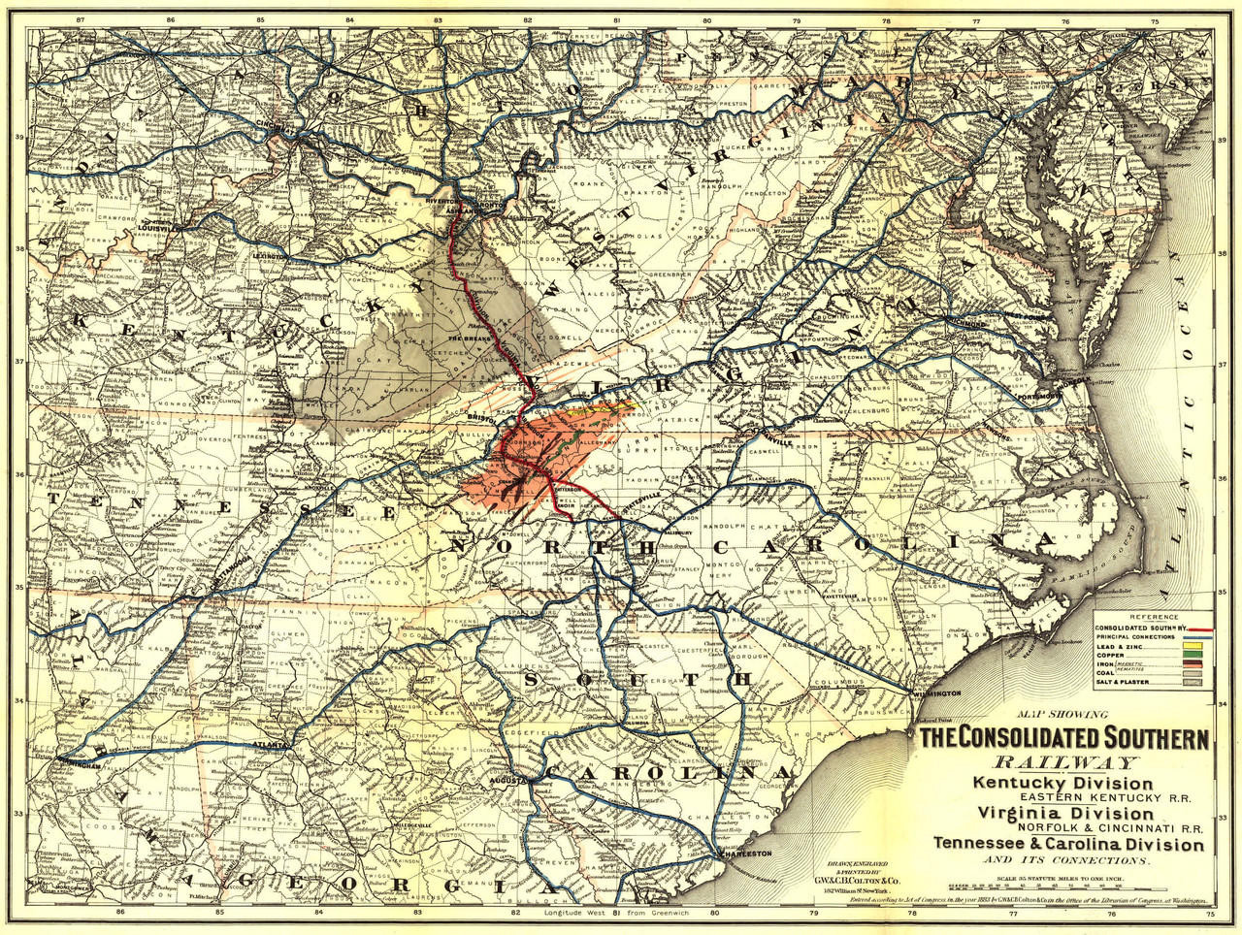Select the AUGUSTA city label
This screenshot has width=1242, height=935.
click(x=513, y=780)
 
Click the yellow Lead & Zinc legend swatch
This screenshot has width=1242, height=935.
click(x=1194, y=645)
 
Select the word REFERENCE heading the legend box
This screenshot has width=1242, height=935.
click(x=1153, y=617)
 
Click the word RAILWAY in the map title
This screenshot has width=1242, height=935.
click(x=1062, y=763)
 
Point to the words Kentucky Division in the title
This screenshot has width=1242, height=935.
click(x=1063, y=783)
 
